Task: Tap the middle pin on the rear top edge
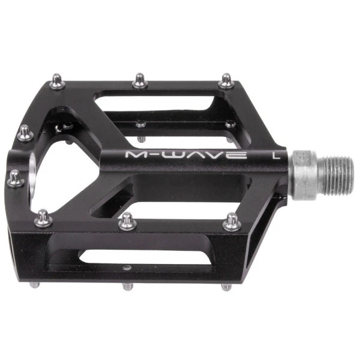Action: pos(139,79)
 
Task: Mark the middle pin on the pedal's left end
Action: pos(15,176)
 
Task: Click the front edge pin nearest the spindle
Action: pos(231,223)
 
